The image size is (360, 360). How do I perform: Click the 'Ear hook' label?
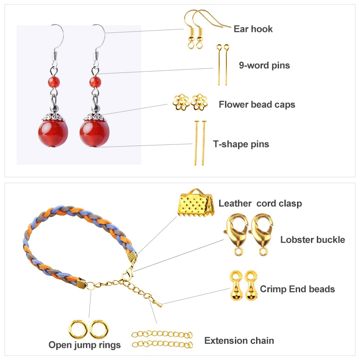tap(253, 29)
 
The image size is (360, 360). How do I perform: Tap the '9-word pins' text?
tap(264, 65)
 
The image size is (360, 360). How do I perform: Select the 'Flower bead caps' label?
tap(257, 104)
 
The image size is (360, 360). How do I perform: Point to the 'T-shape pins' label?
tap(241, 144)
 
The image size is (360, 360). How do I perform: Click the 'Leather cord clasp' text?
tap(260, 203)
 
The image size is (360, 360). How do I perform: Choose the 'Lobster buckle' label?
tap(312, 240)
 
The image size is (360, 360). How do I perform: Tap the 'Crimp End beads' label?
tap(297, 289)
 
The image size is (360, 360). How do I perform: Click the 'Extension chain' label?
tap(239, 341)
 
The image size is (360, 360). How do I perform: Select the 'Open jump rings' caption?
tap(85, 345)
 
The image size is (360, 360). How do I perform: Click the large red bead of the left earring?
tap(53, 133)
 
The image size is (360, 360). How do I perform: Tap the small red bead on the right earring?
tap(95, 82)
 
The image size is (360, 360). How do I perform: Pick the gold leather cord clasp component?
tap(196, 203)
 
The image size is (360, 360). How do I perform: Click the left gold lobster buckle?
tap(237, 234)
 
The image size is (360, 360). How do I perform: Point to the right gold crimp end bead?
tap(251, 286)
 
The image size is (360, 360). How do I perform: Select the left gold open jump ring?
tap(78, 329)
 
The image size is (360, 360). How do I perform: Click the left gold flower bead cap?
tap(181, 102)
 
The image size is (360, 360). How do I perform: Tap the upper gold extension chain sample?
tap(162, 334)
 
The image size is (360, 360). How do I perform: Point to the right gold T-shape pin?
tap(204, 143)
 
